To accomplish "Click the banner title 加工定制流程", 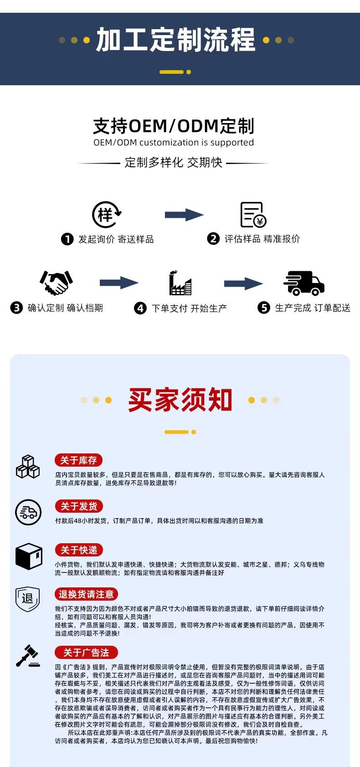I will click(x=175, y=40).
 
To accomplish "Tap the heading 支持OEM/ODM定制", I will click(x=174, y=126).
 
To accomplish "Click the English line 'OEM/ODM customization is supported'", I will click(x=174, y=143).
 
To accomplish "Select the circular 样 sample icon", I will click(x=107, y=215).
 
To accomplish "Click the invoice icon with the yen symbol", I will click(x=253, y=215).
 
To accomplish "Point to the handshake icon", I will click(x=56, y=283).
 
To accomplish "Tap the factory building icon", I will click(x=180, y=283).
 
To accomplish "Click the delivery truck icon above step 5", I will click(x=304, y=283).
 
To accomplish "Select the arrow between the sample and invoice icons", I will click(x=184, y=215).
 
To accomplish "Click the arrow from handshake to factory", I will click(x=118, y=283).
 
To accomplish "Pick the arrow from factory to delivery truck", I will click(x=243, y=283).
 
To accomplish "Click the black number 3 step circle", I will click(x=16, y=308).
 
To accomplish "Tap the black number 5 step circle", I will click(x=264, y=308).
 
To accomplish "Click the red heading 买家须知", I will click(x=180, y=400).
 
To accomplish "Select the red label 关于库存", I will click(x=79, y=460).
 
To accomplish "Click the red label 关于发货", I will click(x=79, y=506).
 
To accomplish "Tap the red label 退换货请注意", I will click(x=86, y=594).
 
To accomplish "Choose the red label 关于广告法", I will click(x=86, y=653).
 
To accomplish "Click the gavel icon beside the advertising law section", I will click(x=28, y=656).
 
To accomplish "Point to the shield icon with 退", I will click(x=27, y=599).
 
